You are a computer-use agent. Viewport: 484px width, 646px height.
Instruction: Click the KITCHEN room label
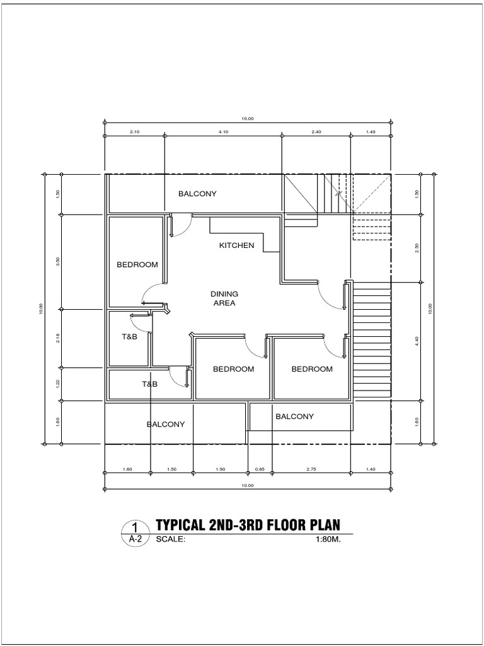click(237, 245)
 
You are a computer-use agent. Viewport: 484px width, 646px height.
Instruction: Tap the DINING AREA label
click(224, 298)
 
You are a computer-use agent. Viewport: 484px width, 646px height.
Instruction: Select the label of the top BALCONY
click(197, 194)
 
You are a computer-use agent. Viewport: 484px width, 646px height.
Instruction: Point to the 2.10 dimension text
click(135, 132)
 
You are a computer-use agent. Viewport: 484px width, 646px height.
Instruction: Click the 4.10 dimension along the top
click(223, 132)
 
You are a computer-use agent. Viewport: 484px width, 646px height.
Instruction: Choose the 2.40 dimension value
click(316, 132)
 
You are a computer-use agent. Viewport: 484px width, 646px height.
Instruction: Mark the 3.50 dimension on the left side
click(58, 262)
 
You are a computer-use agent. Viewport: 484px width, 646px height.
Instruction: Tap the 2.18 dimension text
click(58, 338)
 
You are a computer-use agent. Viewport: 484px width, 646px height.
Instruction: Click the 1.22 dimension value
click(58, 384)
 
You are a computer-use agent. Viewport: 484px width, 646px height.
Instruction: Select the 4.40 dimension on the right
click(417, 341)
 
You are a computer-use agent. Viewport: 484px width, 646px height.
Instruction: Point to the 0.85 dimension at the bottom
click(259, 469)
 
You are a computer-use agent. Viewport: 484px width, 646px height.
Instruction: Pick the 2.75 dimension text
click(311, 469)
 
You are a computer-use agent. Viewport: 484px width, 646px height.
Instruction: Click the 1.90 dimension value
click(220, 469)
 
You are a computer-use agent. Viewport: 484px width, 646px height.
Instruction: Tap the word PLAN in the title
click(325, 525)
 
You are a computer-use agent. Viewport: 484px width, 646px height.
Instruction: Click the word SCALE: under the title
click(171, 539)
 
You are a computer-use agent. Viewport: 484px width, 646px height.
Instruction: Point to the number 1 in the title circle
click(135, 527)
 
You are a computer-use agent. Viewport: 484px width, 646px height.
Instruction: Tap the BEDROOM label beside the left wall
click(137, 265)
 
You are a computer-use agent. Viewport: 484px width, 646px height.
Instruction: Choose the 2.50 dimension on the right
click(417, 249)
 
